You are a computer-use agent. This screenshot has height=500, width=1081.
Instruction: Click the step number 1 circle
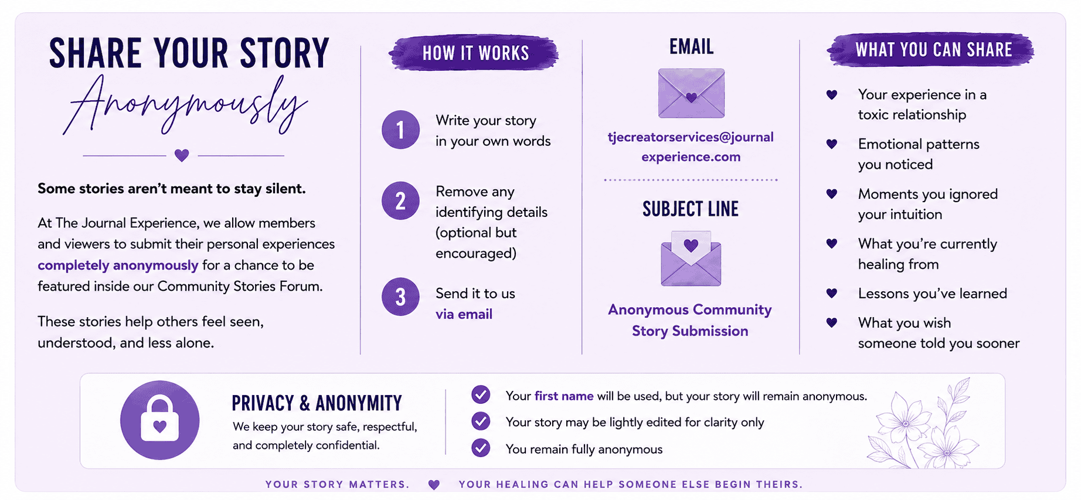point(400,130)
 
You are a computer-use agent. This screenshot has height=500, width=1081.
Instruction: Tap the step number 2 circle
point(400,201)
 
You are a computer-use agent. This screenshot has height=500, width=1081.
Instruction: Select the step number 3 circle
point(400,297)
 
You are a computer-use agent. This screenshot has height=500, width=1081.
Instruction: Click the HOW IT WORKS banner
point(474,53)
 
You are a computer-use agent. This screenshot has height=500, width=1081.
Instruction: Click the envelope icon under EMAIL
point(691,93)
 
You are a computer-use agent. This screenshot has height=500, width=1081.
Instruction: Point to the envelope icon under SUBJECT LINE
point(691,258)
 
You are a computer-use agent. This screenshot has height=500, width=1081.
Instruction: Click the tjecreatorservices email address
point(691,147)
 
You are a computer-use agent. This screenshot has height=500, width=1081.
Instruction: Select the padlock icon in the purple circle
point(159,420)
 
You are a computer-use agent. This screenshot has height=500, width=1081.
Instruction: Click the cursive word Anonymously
point(185,106)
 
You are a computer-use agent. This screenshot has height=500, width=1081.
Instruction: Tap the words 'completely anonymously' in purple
point(118,265)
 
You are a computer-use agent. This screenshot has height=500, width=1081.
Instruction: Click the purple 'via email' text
point(464,314)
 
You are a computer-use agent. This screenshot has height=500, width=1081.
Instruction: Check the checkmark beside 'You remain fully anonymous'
point(481,448)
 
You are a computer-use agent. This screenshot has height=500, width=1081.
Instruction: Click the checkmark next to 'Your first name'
point(481,395)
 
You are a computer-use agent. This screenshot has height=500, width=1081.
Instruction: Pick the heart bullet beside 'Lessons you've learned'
point(831,293)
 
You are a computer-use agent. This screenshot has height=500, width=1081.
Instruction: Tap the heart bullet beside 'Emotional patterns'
point(831,144)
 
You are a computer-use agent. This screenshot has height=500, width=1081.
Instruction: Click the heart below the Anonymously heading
point(182,155)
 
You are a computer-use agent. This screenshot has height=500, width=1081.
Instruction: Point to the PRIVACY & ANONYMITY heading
point(317,403)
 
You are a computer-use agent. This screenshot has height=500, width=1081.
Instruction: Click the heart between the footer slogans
point(434,485)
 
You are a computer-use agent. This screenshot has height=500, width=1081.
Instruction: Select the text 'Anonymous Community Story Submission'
point(690,320)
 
